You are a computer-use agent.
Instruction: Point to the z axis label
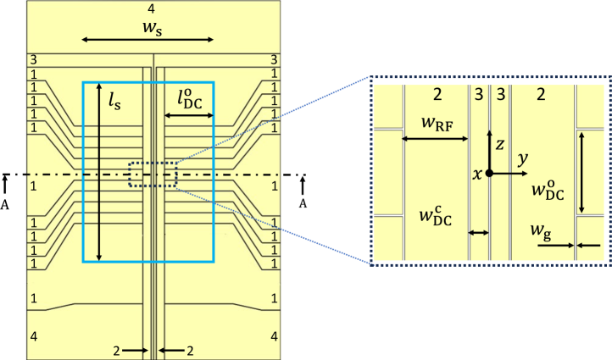coord(500,145)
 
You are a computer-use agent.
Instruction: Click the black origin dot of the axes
coord(490,173)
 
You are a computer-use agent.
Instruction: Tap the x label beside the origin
coord(477,173)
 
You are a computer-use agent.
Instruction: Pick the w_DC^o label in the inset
coord(548,189)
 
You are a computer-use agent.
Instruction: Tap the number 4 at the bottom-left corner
coord(34,336)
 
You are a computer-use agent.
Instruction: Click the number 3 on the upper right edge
coord(273,59)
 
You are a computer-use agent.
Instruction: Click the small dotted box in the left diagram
coord(153,175)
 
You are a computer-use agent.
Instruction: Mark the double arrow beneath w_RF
coord(435,139)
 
